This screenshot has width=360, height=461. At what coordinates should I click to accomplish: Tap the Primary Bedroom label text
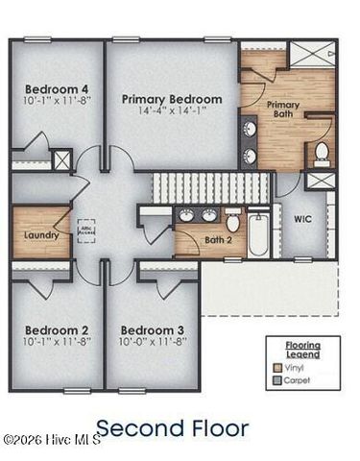172,99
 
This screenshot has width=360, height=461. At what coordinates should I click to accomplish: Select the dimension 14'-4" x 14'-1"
172,111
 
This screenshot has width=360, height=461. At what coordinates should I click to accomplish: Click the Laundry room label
40,234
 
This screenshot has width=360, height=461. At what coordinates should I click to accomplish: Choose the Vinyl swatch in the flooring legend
278,366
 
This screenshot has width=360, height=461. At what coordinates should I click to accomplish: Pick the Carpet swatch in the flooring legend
278,379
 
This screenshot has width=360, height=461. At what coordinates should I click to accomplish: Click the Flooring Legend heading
302,347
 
